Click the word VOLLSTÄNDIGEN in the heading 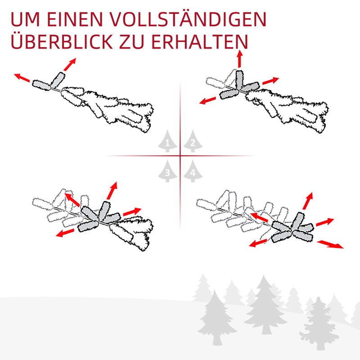188,19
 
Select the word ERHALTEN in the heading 200,42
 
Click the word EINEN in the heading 75,19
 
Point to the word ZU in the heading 132,42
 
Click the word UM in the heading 25,19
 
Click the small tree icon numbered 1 167,141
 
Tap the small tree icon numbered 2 193,141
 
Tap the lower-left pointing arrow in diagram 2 207,100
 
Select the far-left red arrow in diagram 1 22,77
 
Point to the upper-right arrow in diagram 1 70,64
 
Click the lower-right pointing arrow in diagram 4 330,244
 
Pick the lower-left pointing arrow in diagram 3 65,233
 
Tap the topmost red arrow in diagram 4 308,201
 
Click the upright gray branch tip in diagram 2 239,80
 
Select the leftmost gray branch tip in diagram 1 41,85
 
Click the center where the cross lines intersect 180,156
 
